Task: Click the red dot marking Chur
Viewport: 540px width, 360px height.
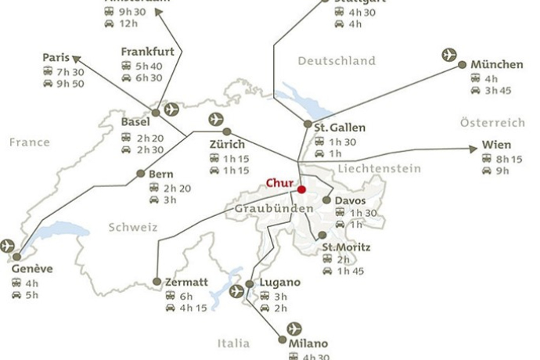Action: pos(301,189)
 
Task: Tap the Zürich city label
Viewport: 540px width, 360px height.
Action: pos(227,145)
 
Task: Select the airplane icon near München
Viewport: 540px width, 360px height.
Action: pos(449,55)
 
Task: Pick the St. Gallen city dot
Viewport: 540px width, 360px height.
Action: pos(308,124)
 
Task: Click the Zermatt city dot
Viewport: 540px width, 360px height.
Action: pos(157,282)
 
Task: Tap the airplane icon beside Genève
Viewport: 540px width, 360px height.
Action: pos(8,246)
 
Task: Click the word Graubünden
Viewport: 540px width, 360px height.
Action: pos(274,209)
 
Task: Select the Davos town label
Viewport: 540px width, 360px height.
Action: pos(350,201)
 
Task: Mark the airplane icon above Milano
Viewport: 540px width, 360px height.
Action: pos(294,328)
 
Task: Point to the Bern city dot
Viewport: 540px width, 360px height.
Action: pos(141,174)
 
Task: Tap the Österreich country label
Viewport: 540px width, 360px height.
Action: pos(492,123)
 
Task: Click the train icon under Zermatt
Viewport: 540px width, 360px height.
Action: pos(170,297)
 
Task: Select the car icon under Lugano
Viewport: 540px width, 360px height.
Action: pos(265,308)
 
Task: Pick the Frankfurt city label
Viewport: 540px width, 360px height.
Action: pos(146,52)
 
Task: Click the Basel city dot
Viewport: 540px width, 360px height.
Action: pos(155,113)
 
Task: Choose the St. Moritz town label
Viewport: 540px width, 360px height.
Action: pos(347,248)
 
